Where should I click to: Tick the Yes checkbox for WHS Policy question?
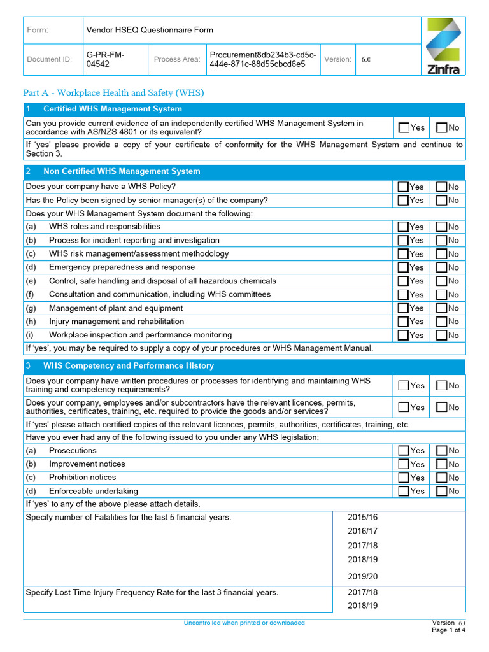[x=403, y=187]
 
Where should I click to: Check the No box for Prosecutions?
[x=441, y=451]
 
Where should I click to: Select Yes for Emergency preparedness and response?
[x=403, y=267]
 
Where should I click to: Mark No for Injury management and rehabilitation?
[x=441, y=322]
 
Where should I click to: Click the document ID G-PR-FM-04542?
[x=106, y=59]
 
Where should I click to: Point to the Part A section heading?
[x=113, y=93]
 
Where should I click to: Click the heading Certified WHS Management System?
[x=112, y=109]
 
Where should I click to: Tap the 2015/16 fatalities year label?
[x=362, y=517]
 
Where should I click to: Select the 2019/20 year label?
[x=362, y=576]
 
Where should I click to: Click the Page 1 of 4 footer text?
[x=448, y=630]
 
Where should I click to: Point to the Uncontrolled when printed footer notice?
[x=244, y=623]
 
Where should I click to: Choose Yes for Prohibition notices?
[x=403, y=478]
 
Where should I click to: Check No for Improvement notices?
[x=441, y=464]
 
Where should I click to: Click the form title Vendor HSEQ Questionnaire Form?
[x=150, y=30]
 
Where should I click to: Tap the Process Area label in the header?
[x=176, y=59]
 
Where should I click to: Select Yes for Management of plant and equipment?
[x=403, y=308]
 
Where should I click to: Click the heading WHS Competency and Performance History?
[x=128, y=366]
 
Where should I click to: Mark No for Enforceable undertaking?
[x=441, y=491]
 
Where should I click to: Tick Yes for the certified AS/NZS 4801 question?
[x=403, y=127]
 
